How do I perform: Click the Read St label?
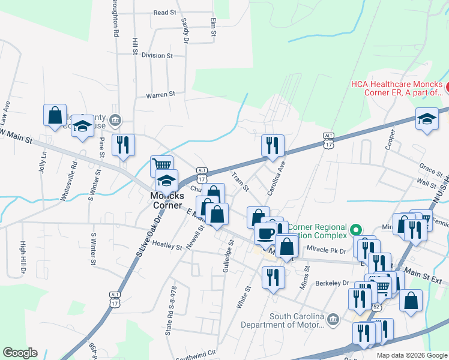164,12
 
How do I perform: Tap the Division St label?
157,55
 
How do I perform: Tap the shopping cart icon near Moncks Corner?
161,164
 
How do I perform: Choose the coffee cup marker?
265,233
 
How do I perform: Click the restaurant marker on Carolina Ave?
273,145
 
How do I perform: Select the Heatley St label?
167,246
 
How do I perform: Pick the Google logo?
20,353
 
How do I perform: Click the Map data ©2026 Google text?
411,355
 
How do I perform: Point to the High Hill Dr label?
23,257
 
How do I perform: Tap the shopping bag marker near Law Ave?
54,115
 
